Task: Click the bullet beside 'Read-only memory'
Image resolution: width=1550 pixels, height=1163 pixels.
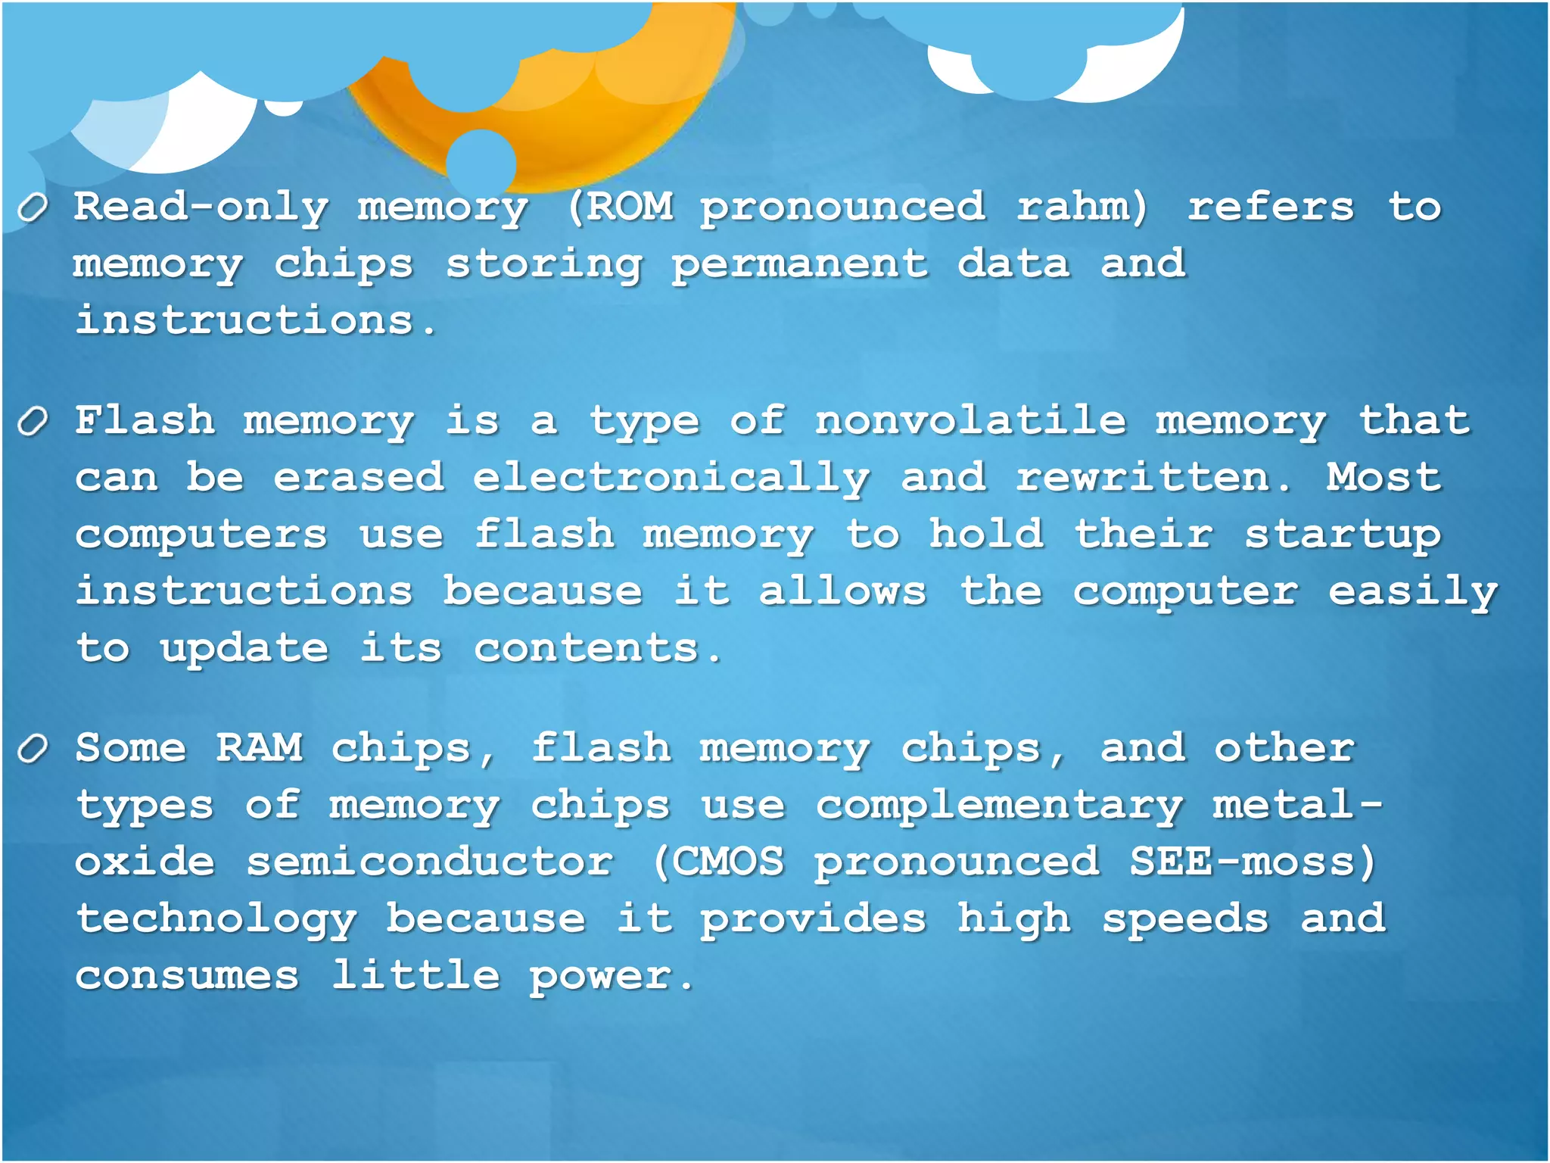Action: coord(33,207)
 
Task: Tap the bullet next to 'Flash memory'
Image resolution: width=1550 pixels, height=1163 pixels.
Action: coord(33,421)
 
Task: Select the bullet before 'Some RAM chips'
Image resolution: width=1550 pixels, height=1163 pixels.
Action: coord(33,749)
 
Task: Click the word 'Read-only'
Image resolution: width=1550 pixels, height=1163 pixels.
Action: coord(201,207)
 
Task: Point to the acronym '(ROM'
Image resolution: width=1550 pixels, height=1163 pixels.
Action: coord(620,206)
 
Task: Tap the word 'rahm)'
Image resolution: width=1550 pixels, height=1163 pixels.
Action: coord(1082,206)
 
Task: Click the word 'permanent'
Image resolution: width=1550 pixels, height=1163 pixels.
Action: coord(799,264)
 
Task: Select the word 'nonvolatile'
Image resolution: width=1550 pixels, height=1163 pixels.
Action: coord(970,420)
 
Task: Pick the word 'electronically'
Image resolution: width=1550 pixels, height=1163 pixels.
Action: coord(671,479)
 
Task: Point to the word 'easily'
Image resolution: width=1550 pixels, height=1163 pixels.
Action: coord(1412,592)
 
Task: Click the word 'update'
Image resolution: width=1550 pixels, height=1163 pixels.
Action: coord(244,650)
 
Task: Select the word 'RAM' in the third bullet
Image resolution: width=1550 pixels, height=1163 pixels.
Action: coord(259,748)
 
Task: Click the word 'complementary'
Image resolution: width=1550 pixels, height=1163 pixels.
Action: coord(999,806)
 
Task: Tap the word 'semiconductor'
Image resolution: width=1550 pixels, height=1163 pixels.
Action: coord(429,862)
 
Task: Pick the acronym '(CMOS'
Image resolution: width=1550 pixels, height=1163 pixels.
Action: coord(718,862)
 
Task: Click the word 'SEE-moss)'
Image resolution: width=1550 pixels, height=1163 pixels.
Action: coord(1253,862)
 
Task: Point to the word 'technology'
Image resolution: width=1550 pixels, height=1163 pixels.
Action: coord(216,920)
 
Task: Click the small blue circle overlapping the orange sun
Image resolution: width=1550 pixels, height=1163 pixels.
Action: coord(481,163)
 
